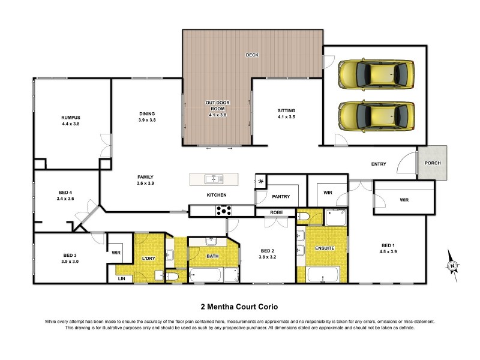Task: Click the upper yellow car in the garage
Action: pyautogui.click(x=376, y=73)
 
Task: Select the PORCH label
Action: pyautogui.click(x=433, y=163)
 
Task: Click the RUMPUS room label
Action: pyautogui.click(x=70, y=117)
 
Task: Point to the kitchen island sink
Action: pyautogui.click(x=214, y=179)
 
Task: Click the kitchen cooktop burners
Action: pyautogui.click(x=224, y=210)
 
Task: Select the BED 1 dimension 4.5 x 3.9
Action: pyautogui.click(x=388, y=251)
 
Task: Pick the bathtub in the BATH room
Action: pyautogui.click(x=206, y=276)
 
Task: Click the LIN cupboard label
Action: pyautogui.click(x=122, y=278)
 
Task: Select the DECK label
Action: pyautogui.click(x=252, y=55)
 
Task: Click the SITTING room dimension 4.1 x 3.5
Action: pyautogui.click(x=286, y=118)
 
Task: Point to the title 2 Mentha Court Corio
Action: pyautogui.click(x=240, y=305)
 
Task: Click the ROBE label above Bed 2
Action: pyautogui.click(x=276, y=212)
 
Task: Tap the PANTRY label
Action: pyautogui.click(x=281, y=196)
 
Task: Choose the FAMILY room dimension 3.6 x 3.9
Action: pyautogui.click(x=146, y=184)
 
